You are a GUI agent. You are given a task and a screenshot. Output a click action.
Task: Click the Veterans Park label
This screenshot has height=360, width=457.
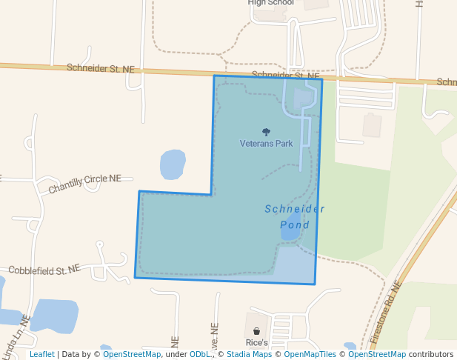click(267, 143)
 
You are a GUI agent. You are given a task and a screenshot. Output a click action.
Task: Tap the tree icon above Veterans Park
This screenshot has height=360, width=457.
click(267, 132)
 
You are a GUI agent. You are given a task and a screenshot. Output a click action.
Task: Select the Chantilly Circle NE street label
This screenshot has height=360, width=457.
click(84, 184)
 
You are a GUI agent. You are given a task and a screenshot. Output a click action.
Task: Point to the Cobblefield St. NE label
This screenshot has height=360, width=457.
click(44, 270)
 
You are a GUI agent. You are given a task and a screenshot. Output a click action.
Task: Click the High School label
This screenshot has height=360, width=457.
click(270, 3)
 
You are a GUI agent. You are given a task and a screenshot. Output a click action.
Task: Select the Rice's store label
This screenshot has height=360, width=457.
click(256, 344)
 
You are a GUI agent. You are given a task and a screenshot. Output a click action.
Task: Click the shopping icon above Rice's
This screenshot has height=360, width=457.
click(256, 331)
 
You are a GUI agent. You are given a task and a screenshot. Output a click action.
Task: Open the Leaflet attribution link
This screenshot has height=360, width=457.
click(41, 355)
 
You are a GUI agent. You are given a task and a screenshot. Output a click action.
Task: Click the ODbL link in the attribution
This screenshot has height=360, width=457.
click(199, 355)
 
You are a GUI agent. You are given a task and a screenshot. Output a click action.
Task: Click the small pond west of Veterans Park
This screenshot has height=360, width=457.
click(173, 164)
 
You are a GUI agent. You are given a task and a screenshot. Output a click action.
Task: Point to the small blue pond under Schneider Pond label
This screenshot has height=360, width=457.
click(290, 230)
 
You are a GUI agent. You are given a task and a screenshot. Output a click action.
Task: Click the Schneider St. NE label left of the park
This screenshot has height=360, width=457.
click(101, 68)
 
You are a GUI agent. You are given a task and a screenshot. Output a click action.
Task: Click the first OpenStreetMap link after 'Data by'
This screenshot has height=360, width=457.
click(132, 355)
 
